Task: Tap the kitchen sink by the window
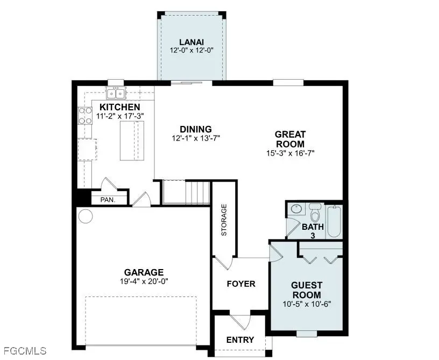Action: pos(116,94)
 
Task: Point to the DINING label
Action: pos(195,129)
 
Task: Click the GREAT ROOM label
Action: pos(290,139)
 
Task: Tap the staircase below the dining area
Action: pos(186,192)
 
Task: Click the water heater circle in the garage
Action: pos(85,216)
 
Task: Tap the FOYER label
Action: pos(240,284)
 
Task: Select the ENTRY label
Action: pos(240,340)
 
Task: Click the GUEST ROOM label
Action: pos(306,290)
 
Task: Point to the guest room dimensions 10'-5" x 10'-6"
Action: pos(306,303)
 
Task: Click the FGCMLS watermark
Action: pos(24,351)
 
